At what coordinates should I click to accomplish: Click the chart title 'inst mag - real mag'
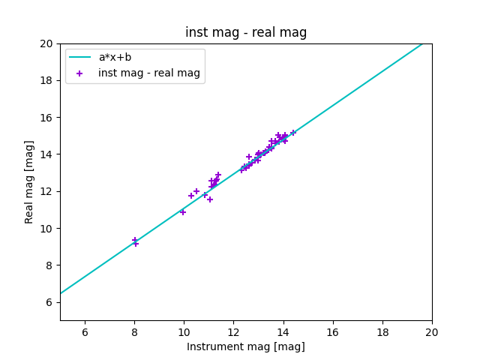[x=246, y=32]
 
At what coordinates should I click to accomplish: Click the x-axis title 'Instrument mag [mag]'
[x=246, y=346]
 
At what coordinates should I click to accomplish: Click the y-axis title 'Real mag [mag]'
[x=29, y=181]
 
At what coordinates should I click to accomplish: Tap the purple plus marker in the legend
[x=79, y=73]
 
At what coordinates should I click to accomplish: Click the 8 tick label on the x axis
[x=134, y=332]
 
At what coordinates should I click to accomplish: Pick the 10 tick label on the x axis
[x=184, y=332]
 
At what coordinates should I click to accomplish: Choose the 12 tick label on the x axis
[x=233, y=332]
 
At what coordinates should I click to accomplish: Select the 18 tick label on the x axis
[x=382, y=332]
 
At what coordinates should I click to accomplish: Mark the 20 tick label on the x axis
[x=432, y=332]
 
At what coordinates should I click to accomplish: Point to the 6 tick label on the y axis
[x=49, y=302]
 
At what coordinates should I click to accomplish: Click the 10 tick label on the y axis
[x=46, y=229]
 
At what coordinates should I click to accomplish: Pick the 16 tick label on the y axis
[x=46, y=118]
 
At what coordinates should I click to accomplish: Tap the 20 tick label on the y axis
[x=46, y=44]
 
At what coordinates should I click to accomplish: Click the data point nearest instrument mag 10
[x=182, y=212]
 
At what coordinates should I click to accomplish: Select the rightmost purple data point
[x=293, y=133]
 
